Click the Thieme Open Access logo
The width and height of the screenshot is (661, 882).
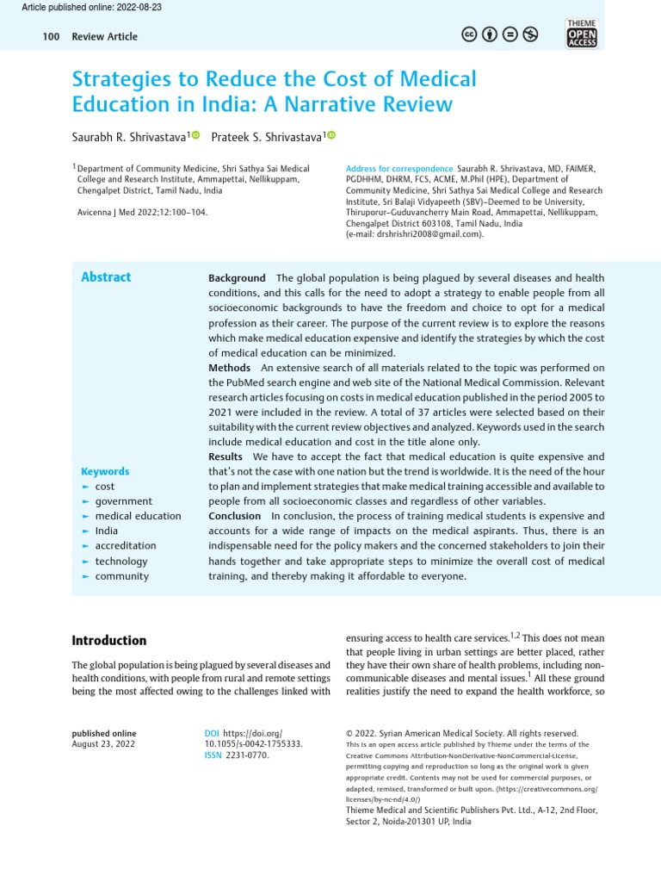pos(582,33)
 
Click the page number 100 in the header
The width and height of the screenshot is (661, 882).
pos(50,36)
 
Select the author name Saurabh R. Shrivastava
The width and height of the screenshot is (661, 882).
pos(129,136)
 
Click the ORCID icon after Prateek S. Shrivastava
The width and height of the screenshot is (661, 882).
pos(331,135)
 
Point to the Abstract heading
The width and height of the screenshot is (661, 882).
pos(106,276)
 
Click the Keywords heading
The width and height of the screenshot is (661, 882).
pos(105,471)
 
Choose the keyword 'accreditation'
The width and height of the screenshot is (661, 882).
pos(126,546)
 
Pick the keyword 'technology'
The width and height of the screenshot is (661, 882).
pos(121,561)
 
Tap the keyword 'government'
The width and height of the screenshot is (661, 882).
pos(123,501)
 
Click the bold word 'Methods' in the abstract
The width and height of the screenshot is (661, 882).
pos(230,368)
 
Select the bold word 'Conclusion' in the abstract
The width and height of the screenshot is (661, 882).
pos(234,516)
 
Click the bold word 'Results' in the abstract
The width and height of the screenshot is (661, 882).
pos(225,457)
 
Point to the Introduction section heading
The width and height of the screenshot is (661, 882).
pos(108,641)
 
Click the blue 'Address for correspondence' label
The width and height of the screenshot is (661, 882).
pos(398,168)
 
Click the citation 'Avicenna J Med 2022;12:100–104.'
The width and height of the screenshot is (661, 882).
pos(142,211)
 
